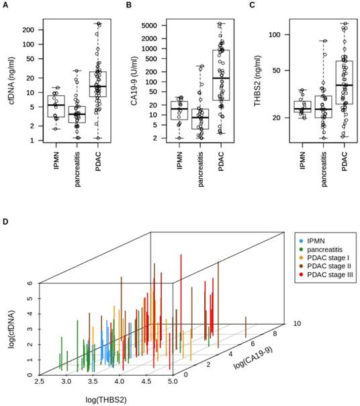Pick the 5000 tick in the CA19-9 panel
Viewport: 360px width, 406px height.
[x=154, y=25]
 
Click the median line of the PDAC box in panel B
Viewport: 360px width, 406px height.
[x=221, y=79]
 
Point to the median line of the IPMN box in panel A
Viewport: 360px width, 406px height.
[x=56, y=106]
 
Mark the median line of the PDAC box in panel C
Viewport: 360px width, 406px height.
[x=346, y=85]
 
